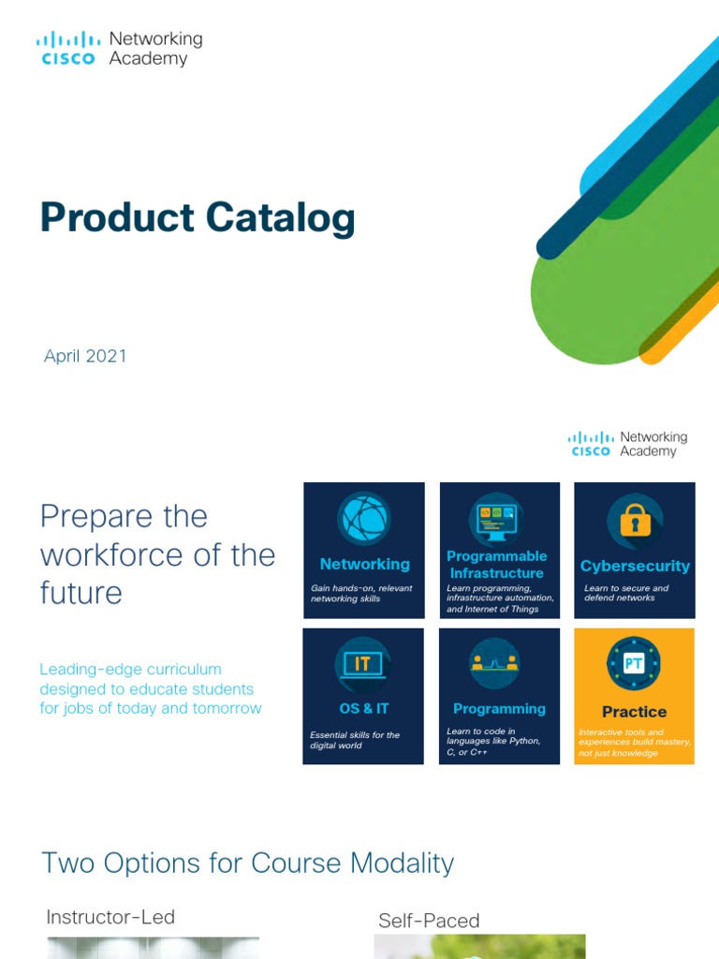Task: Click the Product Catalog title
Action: click(198, 218)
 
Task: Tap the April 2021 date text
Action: click(85, 356)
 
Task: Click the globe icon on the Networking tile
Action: click(363, 519)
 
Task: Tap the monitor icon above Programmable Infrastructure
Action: click(496, 517)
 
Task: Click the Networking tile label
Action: click(364, 564)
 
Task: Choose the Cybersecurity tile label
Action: click(635, 566)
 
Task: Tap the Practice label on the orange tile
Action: click(634, 712)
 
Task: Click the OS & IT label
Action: click(363, 709)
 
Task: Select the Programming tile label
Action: click(499, 709)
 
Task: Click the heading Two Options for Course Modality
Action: click(248, 863)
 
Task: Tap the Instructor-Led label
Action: click(110, 917)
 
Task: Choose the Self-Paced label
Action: click(429, 921)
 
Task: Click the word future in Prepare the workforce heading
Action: click(81, 593)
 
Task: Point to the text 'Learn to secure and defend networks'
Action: click(626, 593)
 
